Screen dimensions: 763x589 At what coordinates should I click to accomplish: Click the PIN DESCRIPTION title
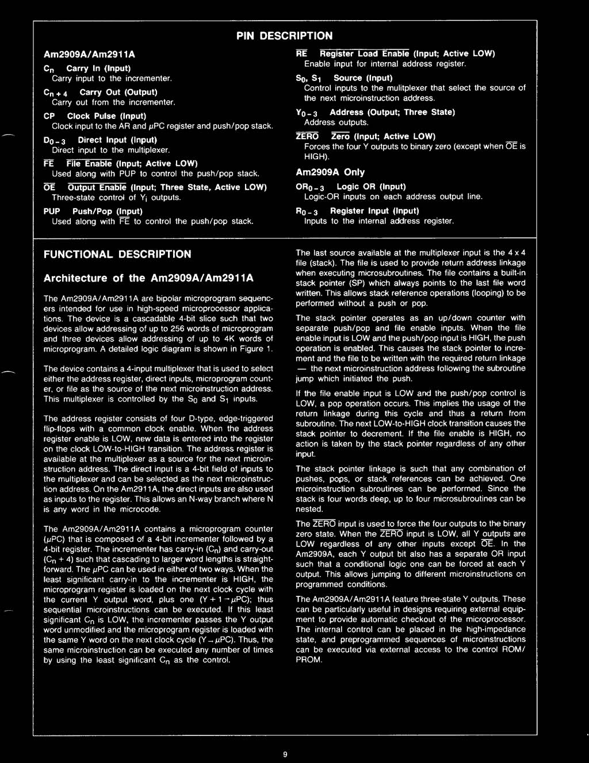pos(284,36)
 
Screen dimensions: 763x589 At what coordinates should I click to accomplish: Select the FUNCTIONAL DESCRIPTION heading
pos(117,254)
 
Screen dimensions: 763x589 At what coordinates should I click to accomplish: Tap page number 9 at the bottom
pos(285,754)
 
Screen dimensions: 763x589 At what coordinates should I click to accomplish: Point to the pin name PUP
pos(52,211)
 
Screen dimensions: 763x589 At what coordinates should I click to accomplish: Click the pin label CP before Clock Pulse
pos(49,116)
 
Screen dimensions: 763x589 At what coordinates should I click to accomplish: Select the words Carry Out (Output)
pos(118,92)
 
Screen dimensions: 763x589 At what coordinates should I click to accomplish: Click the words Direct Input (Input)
pos(117,140)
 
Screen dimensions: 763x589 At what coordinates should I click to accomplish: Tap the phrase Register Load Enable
pos(364,53)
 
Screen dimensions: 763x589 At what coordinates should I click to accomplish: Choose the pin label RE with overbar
pos(301,53)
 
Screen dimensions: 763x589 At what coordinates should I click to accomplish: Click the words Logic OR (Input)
pos(371,186)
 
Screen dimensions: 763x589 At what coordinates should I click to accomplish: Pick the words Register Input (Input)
pos(374,211)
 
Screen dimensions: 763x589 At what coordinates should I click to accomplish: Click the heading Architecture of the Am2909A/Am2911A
pos(148,278)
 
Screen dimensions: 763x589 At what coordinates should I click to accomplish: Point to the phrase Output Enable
pos(97,187)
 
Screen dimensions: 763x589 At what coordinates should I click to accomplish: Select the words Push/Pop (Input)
pos(107,211)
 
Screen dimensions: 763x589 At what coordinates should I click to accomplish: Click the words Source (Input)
pos(363,78)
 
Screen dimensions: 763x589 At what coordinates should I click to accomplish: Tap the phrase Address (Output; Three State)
pos(392,112)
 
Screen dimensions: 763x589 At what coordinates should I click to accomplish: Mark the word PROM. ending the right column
pos(309,660)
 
